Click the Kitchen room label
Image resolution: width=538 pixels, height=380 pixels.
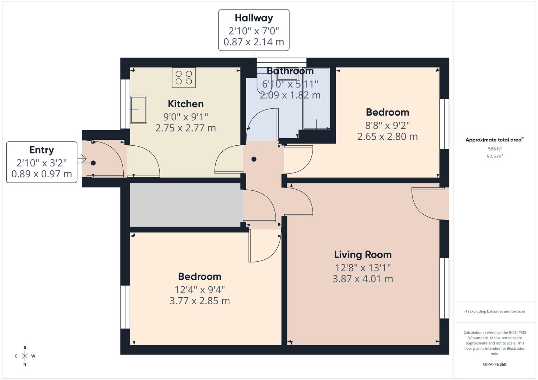[x=186, y=104]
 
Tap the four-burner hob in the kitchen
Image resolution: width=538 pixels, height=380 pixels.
[x=184, y=78]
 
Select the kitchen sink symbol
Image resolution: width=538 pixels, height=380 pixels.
[x=138, y=109]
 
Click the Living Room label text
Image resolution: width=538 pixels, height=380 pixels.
[x=363, y=254]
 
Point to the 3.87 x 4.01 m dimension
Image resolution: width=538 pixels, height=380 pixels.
[x=363, y=279]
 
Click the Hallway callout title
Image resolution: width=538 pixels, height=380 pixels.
[x=254, y=18]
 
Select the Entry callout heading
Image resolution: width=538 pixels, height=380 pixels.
[x=42, y=150]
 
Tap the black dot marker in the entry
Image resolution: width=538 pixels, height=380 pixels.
[x=93, y=163]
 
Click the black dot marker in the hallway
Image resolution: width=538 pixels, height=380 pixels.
[x=254, y=159]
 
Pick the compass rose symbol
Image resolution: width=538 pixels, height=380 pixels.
[x=25, y=356]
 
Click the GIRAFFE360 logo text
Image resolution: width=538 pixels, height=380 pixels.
[x=494, y=364]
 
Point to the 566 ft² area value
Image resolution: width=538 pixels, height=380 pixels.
[x=494, y=149]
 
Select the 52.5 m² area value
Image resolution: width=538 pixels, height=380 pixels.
[x=494, y=157]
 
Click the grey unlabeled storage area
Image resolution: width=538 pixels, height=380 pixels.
[x=186, y=205]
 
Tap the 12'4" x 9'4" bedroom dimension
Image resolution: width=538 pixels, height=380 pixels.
[x=199, y=290]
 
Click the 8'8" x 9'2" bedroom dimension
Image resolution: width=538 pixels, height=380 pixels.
[x=387, y=125]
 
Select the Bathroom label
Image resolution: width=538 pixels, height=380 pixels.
[x=290, y=71]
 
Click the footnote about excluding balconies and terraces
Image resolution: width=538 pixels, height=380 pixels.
[x=494, y=311]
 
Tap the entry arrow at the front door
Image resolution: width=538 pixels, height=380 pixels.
[x=82, y=159]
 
